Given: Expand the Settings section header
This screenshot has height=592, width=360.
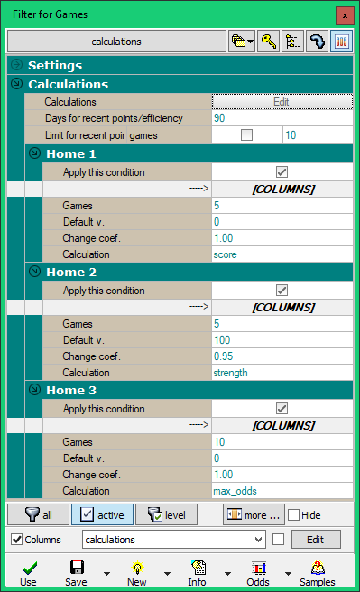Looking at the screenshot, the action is tap(16, 66).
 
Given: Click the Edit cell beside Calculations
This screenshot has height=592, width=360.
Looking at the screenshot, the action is tap(281, 102).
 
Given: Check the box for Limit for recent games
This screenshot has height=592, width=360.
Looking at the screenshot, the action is tap(246, 135).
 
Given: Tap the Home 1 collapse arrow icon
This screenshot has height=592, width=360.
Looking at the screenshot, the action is tap(34, 153).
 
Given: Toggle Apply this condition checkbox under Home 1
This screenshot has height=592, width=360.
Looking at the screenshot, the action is tap(282, 171).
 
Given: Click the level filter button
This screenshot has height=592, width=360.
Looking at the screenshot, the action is tap(166, 514).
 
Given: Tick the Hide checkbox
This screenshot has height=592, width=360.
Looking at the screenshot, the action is tap(293, 515).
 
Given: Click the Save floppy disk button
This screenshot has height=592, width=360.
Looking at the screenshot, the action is tap(77, 572).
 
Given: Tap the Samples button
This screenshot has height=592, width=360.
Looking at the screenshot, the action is tap(317, 572).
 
